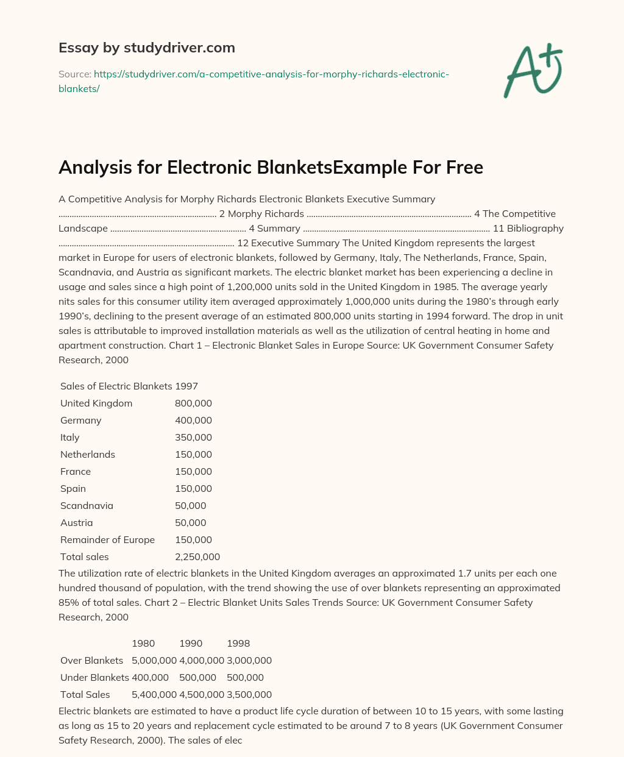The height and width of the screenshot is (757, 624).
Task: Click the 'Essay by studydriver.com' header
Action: coord(147,48)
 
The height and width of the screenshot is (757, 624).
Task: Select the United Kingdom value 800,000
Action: coord(193,403)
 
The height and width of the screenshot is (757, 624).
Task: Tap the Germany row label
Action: coord(81,421)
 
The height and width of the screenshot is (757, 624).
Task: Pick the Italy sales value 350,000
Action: coord(193,438)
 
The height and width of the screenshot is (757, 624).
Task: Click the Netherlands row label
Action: coord(88,455)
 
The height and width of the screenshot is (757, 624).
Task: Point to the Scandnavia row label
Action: coord(87,506)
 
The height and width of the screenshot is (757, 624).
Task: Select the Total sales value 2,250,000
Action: coord(197,557)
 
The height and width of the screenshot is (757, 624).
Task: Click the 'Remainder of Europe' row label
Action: coord(107,540)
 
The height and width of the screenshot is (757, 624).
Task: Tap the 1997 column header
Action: coord(186,386)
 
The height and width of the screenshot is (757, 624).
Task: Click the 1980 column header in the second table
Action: coord(143,644)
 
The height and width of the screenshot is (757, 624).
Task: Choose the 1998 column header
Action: coord(238,644)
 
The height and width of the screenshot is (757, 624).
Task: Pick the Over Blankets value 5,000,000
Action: coord(154,661)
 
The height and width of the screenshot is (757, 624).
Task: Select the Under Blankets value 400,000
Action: coord(150,678)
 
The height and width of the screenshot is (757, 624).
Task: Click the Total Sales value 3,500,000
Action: coord(249,695)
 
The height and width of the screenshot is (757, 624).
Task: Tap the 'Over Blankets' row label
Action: coord(91,661)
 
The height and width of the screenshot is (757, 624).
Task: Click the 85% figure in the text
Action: coord(69,603)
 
